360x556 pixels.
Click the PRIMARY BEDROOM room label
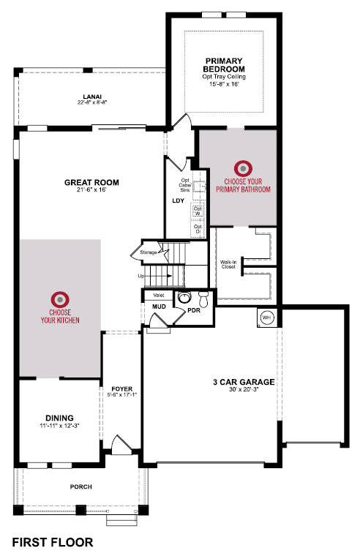coord(224,65)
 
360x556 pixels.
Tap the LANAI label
coord(92,97)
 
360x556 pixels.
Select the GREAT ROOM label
coord(91,183)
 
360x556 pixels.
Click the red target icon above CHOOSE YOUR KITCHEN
coord(60,299)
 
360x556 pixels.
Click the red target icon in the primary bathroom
coord(243,169)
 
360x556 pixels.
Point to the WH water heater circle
coord(266,318)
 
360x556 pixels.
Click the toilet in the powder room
coord(203,299)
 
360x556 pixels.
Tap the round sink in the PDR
coord(184,297)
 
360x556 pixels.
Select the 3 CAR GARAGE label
coord(244,382)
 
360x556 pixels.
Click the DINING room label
coord(59,418)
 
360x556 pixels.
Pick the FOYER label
coord(121,389)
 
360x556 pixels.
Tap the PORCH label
coord(81,487)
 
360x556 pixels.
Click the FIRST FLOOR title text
coord(53,542)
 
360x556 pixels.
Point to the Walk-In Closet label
coord(228,265)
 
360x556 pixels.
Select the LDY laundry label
coord(178,200)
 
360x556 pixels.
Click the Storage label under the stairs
coord(149,252)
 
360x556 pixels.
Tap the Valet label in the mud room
coord(159,296)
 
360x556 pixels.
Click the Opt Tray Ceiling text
coord(224,77)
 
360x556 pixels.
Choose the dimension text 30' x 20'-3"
coord(244,389)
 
